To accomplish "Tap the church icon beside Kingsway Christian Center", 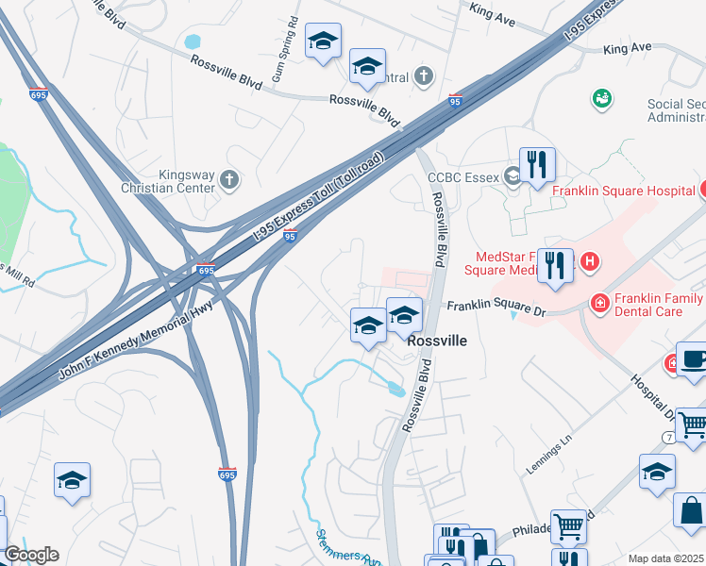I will point(228,178).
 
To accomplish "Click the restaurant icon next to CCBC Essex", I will point(537,164).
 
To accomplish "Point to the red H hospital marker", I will point(590,260).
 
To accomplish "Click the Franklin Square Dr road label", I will point(496,306).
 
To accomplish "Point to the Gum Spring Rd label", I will point(282,49).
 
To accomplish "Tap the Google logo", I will point(31,555).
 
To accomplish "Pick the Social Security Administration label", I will point(676,110).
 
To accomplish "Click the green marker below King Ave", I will point(599,97).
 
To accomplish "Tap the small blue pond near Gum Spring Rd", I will point(194,42).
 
